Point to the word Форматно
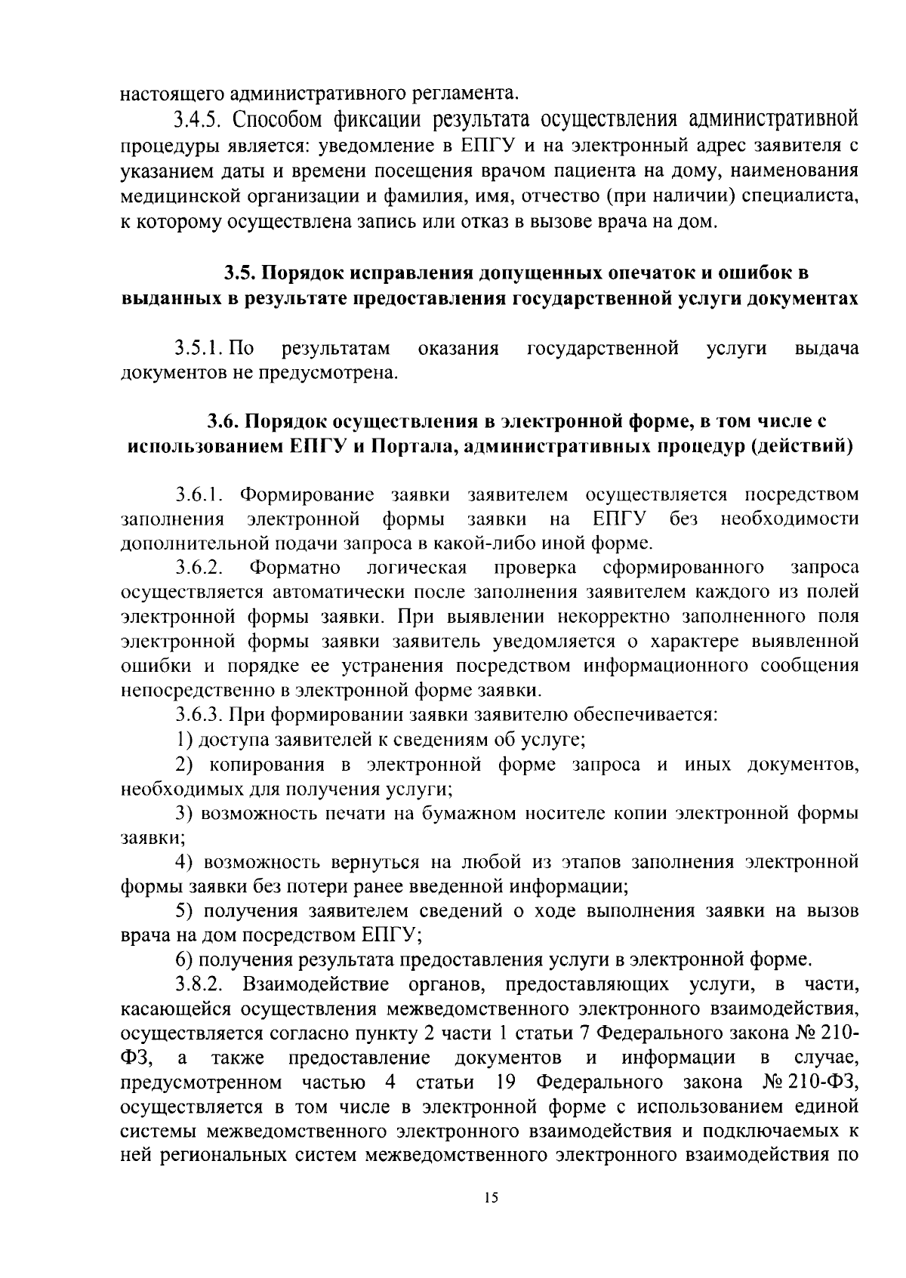pos(296,567)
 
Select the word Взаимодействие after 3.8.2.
pos(316,984)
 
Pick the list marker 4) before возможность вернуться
pos(186,861)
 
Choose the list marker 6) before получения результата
pos(186,959)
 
